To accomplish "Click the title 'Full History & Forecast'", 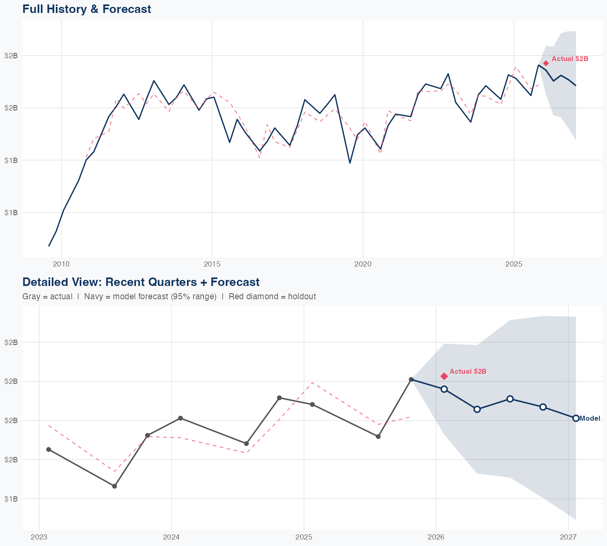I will pos(87,9).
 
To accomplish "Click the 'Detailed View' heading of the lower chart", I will pos(141,282).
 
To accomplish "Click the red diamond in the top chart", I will pos(546,63).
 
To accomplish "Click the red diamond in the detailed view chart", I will pos(444,376).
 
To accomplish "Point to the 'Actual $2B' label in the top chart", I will pos(570,59).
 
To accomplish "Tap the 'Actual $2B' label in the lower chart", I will pos(468,372).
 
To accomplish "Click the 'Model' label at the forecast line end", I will pos(590,419).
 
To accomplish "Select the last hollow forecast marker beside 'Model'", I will pos(576,418).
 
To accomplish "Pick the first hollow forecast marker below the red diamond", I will pos(444,389).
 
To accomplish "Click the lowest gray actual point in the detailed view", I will pos(115,486).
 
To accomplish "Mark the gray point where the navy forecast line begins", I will pos(411,379).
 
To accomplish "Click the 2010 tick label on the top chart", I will pos(62,265).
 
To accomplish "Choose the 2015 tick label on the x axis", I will pos(212,265).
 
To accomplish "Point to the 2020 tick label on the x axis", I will pos(363,265).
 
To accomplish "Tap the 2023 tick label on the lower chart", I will pos(39,538).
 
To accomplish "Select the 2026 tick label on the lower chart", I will pos(436,538).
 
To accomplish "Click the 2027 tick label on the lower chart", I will pos(568,538).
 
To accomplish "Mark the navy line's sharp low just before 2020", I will pos(350,163).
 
